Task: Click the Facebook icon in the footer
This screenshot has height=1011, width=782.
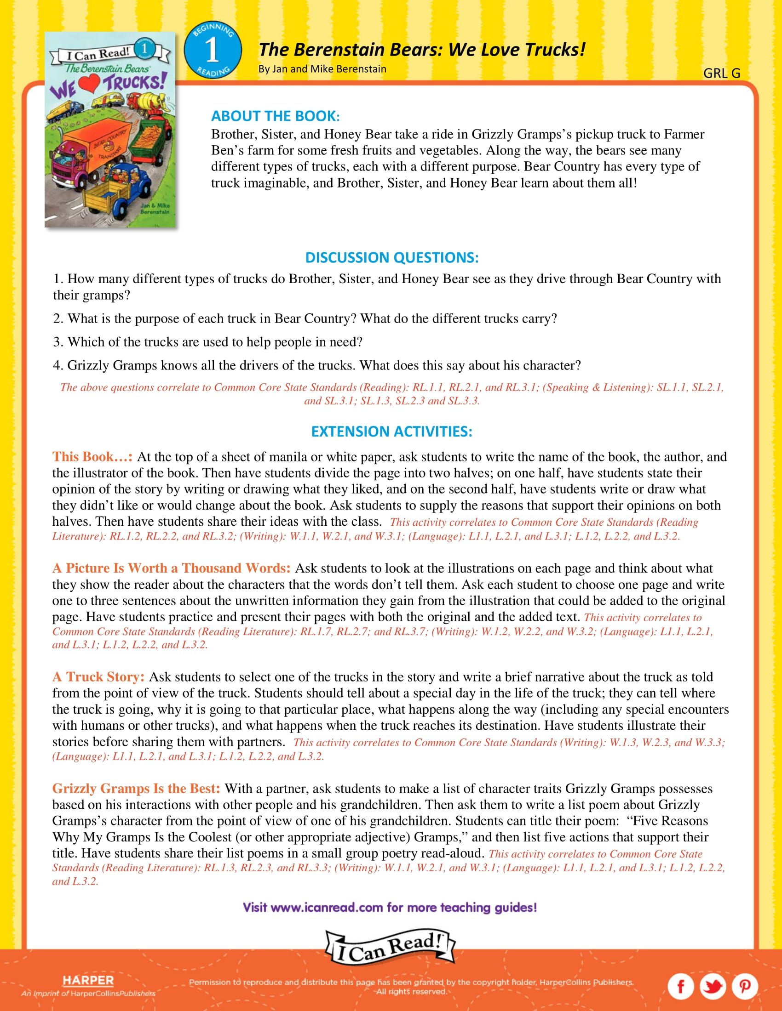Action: [680, 987]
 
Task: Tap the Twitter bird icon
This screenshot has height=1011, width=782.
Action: [713, 987]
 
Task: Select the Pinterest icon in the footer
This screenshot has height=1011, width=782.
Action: [744, 987]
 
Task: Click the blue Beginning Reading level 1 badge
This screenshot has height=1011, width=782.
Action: [213, 50]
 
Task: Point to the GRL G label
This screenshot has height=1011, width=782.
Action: [721, 73]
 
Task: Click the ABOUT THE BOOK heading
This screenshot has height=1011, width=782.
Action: [275, 116]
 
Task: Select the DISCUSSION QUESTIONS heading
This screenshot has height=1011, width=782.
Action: [391, 257]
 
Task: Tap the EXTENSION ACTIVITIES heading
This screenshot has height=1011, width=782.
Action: [391, 432]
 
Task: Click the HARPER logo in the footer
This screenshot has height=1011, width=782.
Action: [88, 981]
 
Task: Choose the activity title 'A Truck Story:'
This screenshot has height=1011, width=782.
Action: [98, 677]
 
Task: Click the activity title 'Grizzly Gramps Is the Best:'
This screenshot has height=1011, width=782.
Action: [136, 788]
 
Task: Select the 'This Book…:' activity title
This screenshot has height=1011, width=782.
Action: [92, 457]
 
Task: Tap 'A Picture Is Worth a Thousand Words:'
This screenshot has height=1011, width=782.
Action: [171, 568]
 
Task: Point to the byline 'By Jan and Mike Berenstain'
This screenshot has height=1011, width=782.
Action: [322, 69]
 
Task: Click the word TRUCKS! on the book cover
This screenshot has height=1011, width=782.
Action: [133, 82]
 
